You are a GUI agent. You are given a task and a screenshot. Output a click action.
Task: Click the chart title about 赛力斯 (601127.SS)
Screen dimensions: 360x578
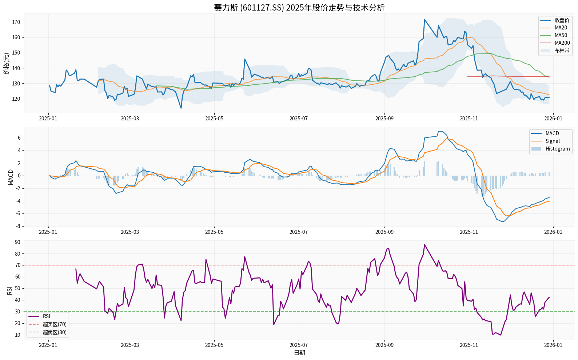299,8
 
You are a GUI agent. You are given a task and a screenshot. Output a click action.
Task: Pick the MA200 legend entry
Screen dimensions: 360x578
562,43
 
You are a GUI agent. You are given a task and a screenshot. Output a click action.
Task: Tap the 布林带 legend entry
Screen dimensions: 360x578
562,51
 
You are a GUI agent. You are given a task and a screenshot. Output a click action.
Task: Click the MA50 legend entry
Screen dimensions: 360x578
561,35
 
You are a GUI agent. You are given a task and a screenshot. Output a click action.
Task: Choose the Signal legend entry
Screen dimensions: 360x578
553,141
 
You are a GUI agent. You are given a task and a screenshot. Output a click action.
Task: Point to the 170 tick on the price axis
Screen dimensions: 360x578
16,22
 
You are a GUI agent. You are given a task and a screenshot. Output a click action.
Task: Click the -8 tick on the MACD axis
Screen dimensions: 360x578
17,226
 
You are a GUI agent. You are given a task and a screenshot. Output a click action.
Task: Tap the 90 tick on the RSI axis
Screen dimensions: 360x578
17,242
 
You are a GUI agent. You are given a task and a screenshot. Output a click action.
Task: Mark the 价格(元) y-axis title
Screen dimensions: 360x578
7,64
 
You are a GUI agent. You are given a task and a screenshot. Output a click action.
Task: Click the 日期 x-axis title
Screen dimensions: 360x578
299,353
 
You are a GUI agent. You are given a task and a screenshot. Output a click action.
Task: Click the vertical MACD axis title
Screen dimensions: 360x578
11,177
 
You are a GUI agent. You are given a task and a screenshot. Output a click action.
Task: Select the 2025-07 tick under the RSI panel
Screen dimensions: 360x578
299,345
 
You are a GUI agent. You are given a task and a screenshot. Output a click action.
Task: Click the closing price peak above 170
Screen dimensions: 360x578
424,20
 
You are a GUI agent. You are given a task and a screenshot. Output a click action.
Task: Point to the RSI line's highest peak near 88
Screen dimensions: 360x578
424,245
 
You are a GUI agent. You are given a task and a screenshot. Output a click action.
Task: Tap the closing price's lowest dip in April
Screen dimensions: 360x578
181,108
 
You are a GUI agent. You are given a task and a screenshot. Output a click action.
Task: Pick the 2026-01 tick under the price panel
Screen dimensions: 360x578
553,118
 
